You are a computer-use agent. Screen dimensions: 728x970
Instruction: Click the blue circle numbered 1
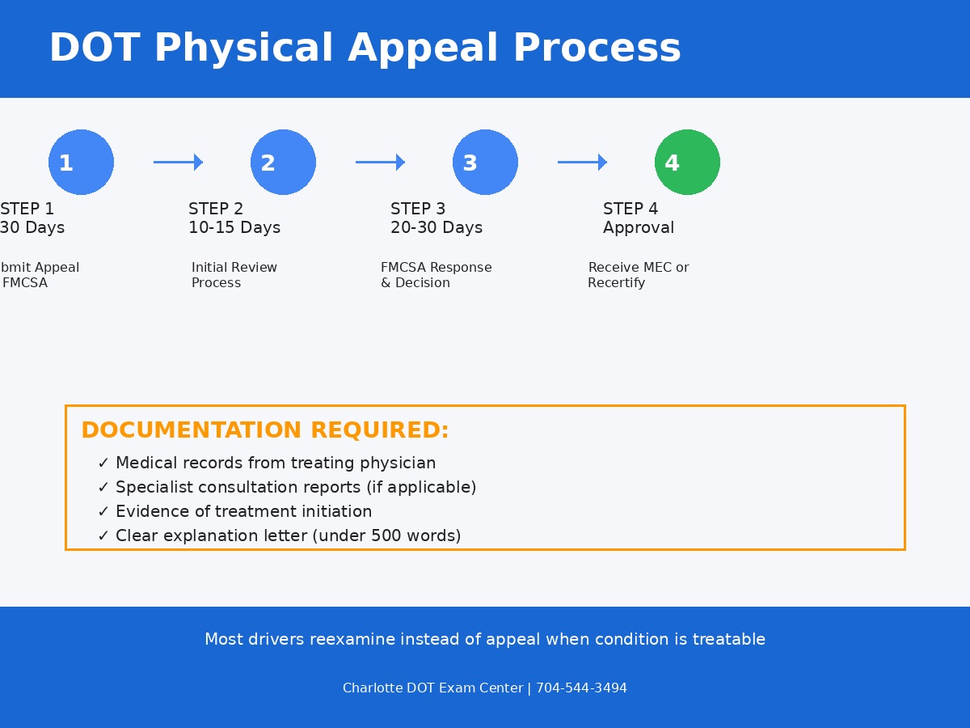[81, 162]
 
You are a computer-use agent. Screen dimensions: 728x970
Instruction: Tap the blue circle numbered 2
[283, 162]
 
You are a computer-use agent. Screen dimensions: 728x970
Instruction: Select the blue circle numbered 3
[485, 162]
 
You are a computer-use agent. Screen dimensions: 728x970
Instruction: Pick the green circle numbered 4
[687, 162]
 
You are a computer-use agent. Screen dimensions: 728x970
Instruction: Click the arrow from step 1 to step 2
[179, 162]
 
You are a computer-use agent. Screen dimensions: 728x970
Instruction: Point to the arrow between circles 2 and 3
[381, 162]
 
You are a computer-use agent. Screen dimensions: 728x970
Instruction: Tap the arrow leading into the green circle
[583, 162]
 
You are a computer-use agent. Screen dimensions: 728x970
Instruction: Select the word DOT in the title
[94, 49]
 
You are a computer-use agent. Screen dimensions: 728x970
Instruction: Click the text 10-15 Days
[234, 228]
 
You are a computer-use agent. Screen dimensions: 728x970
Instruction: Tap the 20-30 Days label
[436, 228]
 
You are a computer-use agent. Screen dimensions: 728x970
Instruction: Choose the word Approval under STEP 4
[639, 228]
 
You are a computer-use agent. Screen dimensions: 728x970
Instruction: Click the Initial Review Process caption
[234, 275]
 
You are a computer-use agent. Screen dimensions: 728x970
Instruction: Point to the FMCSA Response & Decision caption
[436, 275]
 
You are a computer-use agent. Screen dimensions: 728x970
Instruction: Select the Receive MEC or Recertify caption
[638, 275]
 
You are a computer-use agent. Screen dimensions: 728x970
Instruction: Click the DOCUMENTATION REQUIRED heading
[264, 430]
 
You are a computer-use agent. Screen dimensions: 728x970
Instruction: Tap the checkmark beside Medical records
[103, 463]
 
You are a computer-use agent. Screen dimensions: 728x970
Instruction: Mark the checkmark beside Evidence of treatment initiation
[103, 512]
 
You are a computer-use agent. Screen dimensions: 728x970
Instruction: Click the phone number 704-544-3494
[581, 688]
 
